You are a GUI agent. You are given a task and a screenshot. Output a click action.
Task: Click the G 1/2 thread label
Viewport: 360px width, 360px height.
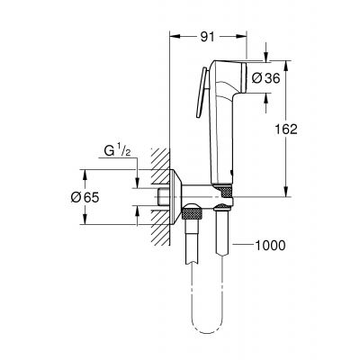(115, 153)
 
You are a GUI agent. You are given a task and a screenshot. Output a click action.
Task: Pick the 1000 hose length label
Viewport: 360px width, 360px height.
(273, 243)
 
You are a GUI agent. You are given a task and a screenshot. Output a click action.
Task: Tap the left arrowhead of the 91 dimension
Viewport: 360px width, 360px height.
(173, 37)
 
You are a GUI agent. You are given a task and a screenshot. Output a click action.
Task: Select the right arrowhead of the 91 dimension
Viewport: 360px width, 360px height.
(243, 37)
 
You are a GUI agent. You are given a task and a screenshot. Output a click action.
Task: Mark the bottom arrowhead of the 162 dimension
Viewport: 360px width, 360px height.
(286, 193)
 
